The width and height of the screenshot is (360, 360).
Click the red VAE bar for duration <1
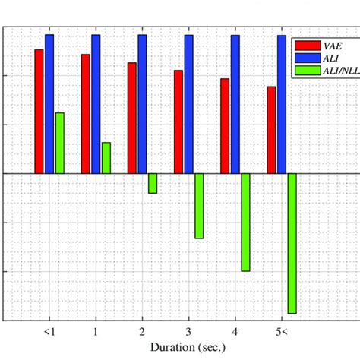39,111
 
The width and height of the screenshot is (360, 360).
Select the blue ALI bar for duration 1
96,103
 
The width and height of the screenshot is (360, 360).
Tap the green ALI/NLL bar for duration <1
59,143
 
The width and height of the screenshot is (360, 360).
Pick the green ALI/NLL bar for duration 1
106,157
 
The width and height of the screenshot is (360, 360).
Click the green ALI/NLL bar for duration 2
153,183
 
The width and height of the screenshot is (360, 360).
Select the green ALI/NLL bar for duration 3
199,205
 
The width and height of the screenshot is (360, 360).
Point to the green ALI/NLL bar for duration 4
245,222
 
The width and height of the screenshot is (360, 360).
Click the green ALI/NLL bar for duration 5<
292,242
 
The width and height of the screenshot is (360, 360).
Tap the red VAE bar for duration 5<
271,130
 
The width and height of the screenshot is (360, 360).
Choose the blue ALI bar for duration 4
235,103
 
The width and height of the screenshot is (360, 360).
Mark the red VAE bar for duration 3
178,122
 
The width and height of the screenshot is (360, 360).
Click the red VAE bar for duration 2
132,118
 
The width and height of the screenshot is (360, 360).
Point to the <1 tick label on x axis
49,332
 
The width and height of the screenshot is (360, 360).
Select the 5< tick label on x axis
281,332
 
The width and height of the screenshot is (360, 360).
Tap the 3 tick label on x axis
188,332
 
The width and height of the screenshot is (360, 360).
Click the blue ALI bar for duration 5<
282,103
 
